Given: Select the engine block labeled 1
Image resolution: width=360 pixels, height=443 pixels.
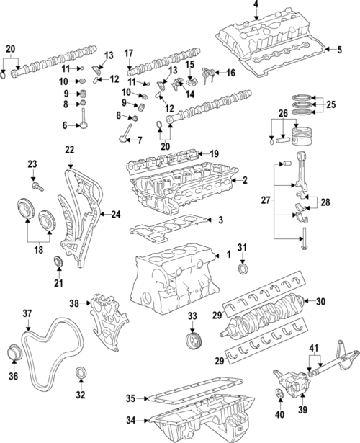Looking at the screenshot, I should pyautogui.click(x=173, y=281).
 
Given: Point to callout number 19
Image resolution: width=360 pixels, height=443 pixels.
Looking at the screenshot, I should pyautogui.click(x=213, y=154).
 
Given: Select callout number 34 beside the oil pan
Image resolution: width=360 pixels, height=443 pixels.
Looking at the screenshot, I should pyautogui.click(x=130, y=419).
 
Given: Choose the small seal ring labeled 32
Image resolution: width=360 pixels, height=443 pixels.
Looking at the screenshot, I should pyautogui.click(x=81, y=373).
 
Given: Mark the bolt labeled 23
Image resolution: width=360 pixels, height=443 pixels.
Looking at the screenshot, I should pyautogui.click(x=39, y=186).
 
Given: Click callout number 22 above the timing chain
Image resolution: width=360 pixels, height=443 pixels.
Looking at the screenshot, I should pyautogui.click(x=69, y=149).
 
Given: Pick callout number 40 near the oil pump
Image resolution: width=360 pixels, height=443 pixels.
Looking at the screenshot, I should pyautogui.click(x=279, y=416).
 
